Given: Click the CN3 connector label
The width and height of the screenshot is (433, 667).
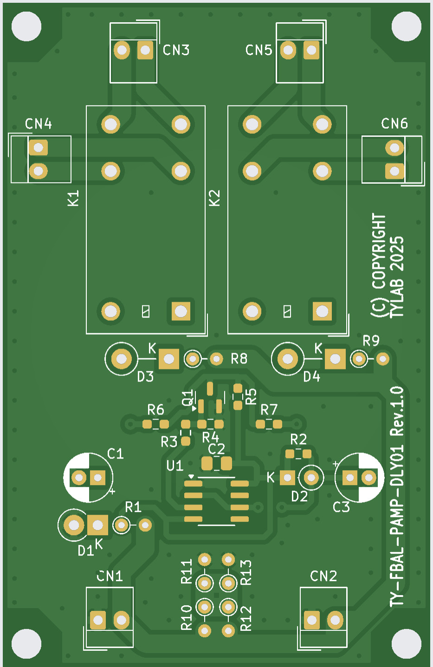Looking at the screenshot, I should [x=176, y=50].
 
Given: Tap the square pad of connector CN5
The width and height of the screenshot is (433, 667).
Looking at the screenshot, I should [x=311, y=50].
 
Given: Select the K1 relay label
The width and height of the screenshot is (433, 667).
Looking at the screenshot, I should [x=73, y=198].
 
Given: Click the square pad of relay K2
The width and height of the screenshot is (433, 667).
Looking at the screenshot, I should [x=322, y=311].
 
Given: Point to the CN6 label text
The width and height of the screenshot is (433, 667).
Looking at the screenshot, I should [x=394, y=123].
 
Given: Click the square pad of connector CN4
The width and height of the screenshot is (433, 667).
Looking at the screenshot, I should [x=39, y=148].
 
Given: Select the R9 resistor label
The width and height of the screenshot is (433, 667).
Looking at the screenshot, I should [x=371, y=341].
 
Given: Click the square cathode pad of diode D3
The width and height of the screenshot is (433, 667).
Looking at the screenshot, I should [x=169, y=359].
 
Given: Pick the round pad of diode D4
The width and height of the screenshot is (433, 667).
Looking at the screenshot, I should [x=288, y=359].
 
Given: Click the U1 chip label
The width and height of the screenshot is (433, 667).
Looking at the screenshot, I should [x=174, y=466].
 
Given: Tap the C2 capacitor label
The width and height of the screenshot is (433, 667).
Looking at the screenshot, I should [x=216, y=449].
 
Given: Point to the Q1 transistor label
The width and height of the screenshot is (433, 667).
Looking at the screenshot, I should [x=187, y=398].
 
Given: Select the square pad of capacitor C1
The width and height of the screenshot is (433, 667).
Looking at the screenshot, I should [x=98, y=477].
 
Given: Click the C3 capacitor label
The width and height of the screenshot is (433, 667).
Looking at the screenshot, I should [x=341, y=507].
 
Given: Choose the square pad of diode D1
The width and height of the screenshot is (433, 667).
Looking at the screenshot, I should [x=97, y=525].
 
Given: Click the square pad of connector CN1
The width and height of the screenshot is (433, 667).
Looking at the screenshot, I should [x=97, y=620].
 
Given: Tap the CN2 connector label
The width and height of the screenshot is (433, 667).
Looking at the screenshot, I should [x=323, y=576].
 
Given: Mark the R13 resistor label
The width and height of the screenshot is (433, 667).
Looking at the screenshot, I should [x=246, y=572].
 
